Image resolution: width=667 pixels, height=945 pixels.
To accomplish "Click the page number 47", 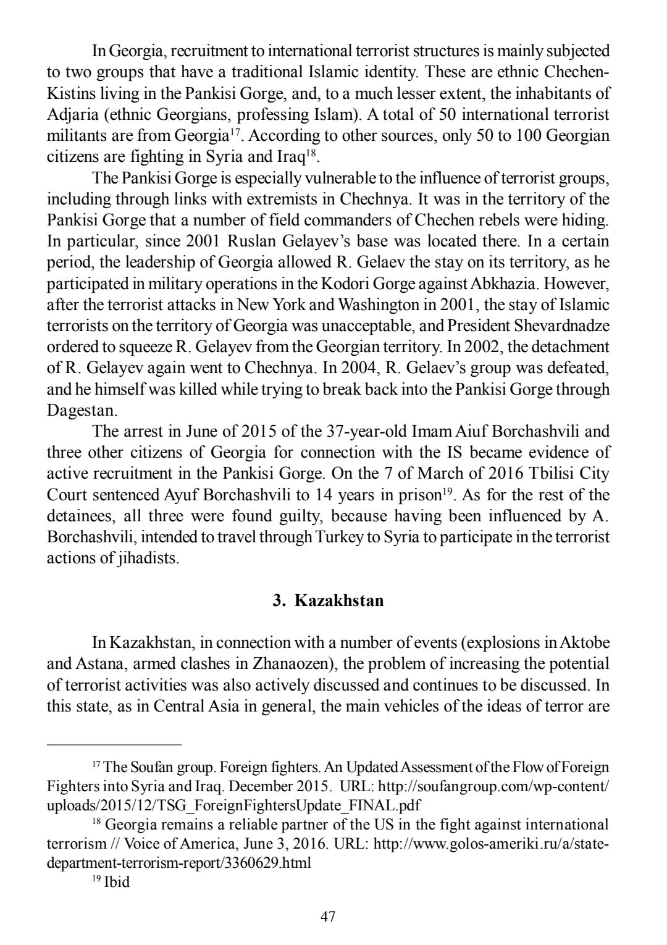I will pyautogui.click(x=328, y=917).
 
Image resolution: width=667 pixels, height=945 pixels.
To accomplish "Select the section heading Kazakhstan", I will pyautogui.click(x=339, y=600).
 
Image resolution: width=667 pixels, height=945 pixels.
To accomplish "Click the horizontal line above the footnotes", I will pyautogui.click(x=114, y=745).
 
